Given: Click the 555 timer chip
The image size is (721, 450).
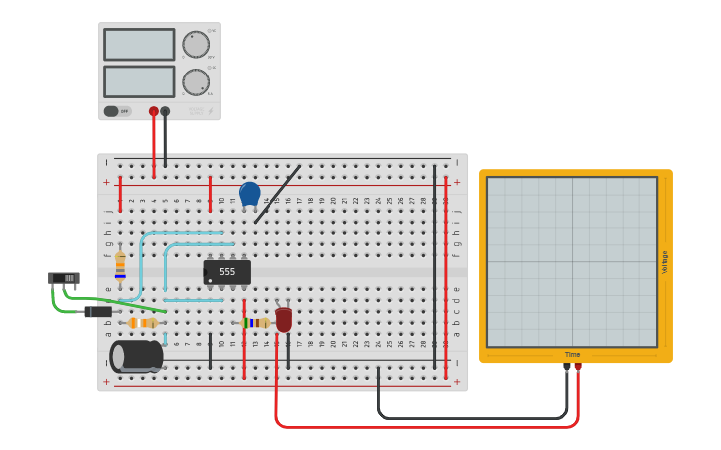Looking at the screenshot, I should [x=227, y=272].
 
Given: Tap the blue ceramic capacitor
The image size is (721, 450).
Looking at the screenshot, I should [x=250, y=193].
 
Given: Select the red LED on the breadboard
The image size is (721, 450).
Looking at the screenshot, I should [x=284, y=319].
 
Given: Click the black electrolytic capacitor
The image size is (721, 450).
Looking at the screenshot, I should [x=137, y=356].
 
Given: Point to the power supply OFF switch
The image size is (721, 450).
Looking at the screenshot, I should [x=112, y=111].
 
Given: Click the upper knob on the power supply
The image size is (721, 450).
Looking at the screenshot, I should [x=196, y=45].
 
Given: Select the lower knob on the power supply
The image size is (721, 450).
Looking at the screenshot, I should [x=196, y=81].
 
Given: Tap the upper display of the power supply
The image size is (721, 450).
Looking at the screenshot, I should [x=139, y=44].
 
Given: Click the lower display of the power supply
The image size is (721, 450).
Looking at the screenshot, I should [x=139, y=80].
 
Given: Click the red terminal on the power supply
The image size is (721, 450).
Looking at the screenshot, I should [x=154, y=111].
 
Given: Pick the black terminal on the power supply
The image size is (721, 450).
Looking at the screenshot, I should [x=165, y=111].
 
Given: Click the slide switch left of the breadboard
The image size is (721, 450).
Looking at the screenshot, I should [x=63, y=278].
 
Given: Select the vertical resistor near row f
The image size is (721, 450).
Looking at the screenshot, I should [x=120, y=264].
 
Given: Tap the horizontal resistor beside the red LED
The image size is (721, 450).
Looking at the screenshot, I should [x=256, y=323].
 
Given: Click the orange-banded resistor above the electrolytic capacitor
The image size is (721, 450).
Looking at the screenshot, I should [x=143, y=323].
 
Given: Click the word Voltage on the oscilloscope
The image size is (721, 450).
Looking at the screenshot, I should [x=665, y=262].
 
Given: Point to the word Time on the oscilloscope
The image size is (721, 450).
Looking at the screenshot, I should [x=573, y=354].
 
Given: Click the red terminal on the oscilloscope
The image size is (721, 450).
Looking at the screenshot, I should [x=578, y=367].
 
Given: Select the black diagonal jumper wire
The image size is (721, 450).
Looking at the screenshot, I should [x=277, y=193].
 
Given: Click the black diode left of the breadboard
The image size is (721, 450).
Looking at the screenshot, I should [x=97, y=312].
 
